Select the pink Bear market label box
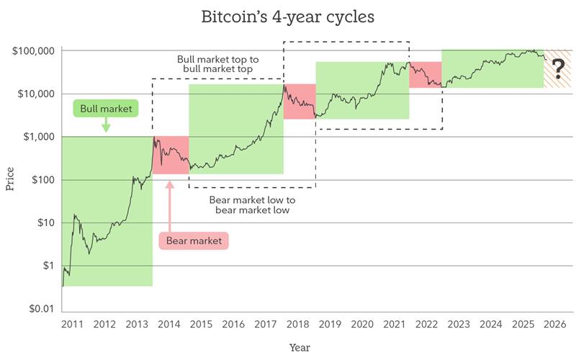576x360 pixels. click(193, 240)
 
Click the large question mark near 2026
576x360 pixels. click(557, 69)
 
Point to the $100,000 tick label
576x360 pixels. click(34, 51)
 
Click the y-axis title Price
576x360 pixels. click(10, 179)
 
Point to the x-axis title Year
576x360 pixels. click(300, 347)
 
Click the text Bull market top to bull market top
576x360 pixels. click(218, 63)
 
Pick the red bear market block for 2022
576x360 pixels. click(426, 75)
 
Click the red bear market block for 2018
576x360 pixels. click(300, 102)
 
